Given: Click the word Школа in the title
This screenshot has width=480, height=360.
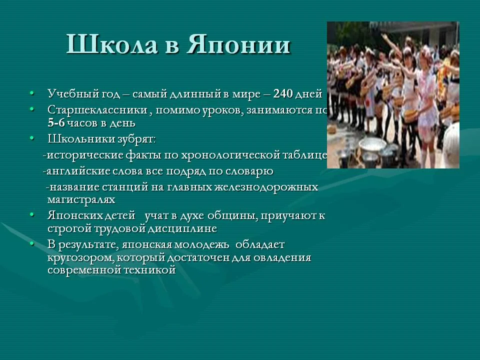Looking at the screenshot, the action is [111, 44].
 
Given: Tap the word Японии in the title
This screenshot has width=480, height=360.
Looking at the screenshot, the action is [238, 44].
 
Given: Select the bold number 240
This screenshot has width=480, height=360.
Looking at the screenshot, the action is [283, 93].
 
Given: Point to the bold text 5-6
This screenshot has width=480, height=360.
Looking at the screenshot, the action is [56, 123].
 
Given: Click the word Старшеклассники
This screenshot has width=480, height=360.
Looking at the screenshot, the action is [97, 110].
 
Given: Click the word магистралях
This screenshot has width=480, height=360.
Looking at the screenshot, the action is [81, 199].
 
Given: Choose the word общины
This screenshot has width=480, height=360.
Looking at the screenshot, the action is [232, 216].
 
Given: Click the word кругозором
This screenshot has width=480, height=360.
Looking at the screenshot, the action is [81, 258].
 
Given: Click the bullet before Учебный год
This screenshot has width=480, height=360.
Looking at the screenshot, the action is [32, 93].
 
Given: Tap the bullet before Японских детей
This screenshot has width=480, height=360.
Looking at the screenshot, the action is [32, 215].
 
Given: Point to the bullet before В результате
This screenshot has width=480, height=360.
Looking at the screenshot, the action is [32, 244].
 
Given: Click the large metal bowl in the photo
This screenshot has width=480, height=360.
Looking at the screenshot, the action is [372, 144].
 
